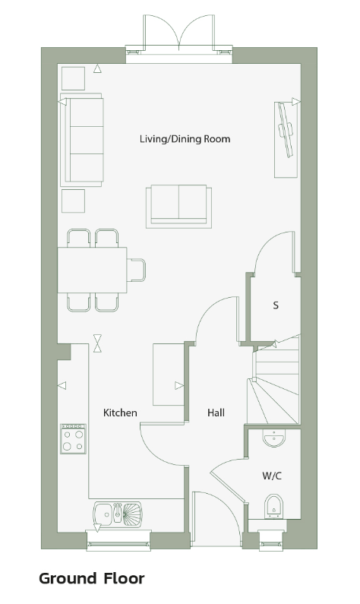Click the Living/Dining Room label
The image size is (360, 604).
pyautogui.click(x=185, y=139)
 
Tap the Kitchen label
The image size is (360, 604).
pyautogui.click(x=120, y=413)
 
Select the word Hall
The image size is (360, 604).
pyautogui.click(x=216, y=413)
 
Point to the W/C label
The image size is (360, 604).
pyautogui.click(x=272, y=476)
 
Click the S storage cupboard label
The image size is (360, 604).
pyautogui.click(x=275, y=305)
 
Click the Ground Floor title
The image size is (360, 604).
pyautogui.click(x=92, y=578)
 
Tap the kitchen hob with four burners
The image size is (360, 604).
pyautogui.click(x=73, y=438)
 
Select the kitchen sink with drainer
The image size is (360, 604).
pyautogui.click(x=118, y=514)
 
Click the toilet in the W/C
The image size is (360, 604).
pyautogui.click(x=273, y=507)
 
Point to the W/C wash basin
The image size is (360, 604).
pyautogui.click(x=274, y=438)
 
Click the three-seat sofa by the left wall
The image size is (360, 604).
pyautogui.click(x=82, y=140)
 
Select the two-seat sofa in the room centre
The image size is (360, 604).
pyautogui.click(x=178, y=207)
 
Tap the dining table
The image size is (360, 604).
pyautogui.click(x=93, y=270)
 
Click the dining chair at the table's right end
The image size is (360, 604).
pyautogui.click(x=137, y=270)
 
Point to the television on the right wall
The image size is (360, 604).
pyautogui.click(x=286, y=130)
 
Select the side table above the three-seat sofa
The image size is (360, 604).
pyautogui.click(x=73, y=78)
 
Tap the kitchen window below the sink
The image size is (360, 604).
pyautogui.click(x=118, y=541)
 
